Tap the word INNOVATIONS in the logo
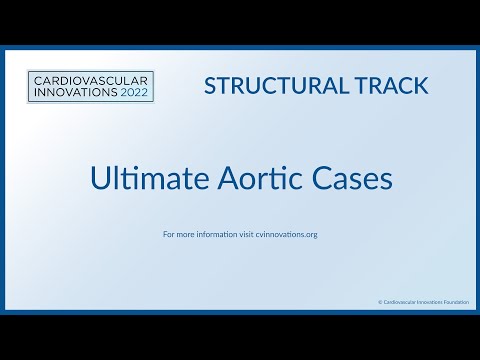[x=70, y=93]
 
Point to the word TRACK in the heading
[x=384, y=85]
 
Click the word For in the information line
[x=168, y=235]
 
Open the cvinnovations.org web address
[x=288, y=235]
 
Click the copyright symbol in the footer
[x=380, y=301]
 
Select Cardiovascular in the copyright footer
[x=400, y=301]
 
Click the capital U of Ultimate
[x=98, y=180]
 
